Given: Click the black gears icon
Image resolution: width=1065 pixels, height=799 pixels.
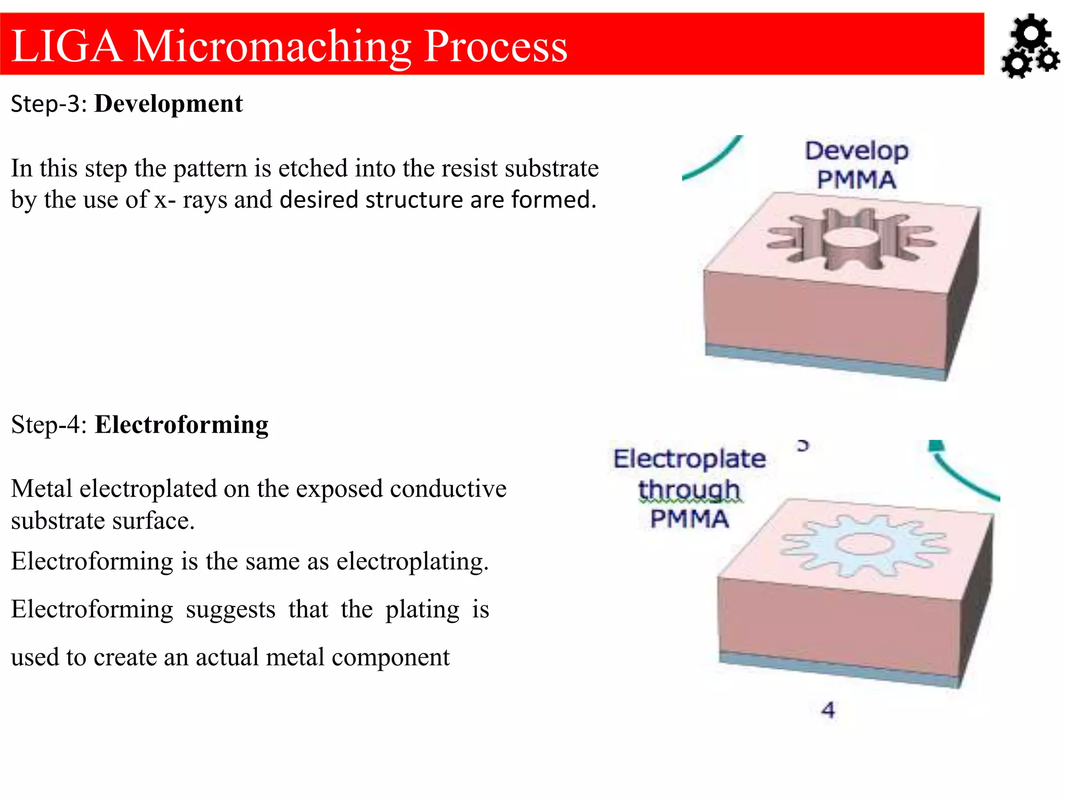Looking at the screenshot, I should click(x=1030, y=47).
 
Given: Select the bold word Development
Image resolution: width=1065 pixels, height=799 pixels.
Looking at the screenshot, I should click(x=168, y=104).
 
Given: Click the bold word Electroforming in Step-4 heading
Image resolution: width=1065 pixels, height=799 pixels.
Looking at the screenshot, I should click(x=181, y=424).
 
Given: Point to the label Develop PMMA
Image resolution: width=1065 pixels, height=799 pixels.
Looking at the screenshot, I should click(x=856, y=165).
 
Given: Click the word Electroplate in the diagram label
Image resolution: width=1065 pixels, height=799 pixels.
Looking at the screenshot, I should click(x=690, y=459).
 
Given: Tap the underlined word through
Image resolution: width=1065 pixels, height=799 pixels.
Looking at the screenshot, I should click(x=689, y=489).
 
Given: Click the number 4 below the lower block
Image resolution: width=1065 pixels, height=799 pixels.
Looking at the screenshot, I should click(x=828, y=710).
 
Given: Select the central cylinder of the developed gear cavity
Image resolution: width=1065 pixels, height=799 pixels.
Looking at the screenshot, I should click(x=851, y=244).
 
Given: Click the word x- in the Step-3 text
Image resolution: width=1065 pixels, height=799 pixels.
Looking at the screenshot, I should click(x=165, y=200).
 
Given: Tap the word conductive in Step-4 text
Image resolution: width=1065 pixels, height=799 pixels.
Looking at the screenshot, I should click(x=448, y=489).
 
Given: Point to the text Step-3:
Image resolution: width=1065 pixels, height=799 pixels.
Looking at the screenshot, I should click(x=49, y=104).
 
